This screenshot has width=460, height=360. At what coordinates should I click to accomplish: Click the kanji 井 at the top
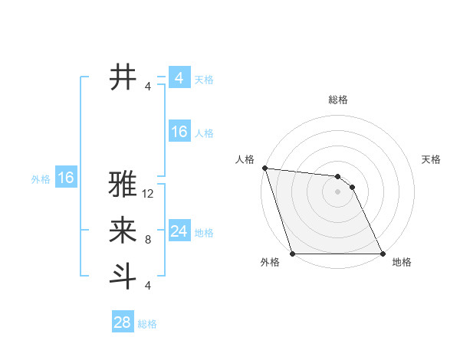pos(123,77)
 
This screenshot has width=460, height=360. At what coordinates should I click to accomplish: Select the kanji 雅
pos(123,185)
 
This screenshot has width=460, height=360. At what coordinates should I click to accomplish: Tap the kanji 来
pos(123,230)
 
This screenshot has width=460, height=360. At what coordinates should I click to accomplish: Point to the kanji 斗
pos(123,276)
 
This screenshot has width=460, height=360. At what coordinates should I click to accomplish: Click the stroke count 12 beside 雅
pos(148,194)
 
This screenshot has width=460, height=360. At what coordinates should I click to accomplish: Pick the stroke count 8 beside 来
pos(148,240)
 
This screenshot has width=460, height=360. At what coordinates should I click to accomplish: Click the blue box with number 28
pos(123,322)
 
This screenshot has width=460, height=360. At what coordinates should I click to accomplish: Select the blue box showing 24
pos(179,231)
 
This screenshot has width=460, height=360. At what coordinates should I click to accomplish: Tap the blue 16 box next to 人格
pos(179,132)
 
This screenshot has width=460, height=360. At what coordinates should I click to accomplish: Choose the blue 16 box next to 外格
pos(66,178)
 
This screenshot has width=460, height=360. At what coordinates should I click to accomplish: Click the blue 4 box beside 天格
pos(179,78)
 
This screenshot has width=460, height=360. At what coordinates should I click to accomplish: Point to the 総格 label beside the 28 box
pos(147,324)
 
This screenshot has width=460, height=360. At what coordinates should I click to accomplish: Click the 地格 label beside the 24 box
pos(204,232)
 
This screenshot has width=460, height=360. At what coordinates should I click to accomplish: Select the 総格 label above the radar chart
pos(338,100)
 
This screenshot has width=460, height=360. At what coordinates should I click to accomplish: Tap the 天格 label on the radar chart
pos(432,159)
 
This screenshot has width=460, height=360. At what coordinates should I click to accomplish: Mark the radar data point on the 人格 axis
pos(264,168)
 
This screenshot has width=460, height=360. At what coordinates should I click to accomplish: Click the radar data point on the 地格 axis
pos(383,254)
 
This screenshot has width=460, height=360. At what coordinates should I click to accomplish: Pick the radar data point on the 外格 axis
pos(292,254)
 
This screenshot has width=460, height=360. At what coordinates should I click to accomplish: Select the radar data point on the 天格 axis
pos(353,187)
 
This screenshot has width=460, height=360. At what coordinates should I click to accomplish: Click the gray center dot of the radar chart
pos(337,191)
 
